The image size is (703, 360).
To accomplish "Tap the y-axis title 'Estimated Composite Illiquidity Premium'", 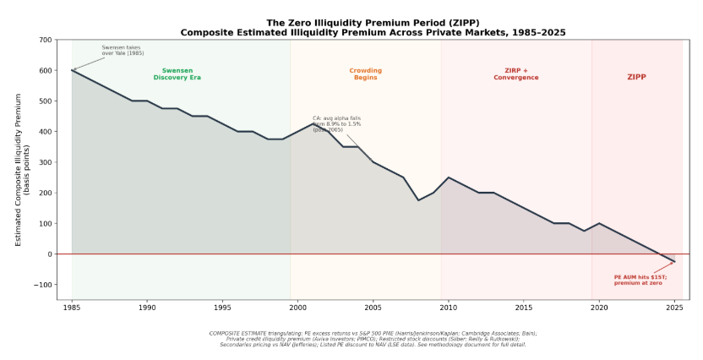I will point(19,170).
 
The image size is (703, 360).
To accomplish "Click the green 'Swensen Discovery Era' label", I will point(177,74).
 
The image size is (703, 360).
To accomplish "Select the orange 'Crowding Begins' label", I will point(365,74).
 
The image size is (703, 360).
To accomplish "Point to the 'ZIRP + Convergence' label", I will point(515,74).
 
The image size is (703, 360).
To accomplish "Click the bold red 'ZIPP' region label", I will point(636,77).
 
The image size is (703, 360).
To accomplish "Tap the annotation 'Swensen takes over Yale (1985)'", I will point(123,51).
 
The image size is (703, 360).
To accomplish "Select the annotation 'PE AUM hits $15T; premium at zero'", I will point(640,280).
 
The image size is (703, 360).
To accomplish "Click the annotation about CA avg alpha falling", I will point(336,124).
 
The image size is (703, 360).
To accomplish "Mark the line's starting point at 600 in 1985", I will point(72,70).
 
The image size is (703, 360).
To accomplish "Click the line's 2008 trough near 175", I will point(418,200).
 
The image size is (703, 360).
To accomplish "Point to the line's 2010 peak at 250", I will point(448,177).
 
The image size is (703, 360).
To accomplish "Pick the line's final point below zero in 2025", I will point(674,261).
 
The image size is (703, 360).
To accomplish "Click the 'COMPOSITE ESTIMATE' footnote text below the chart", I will point(373,339).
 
